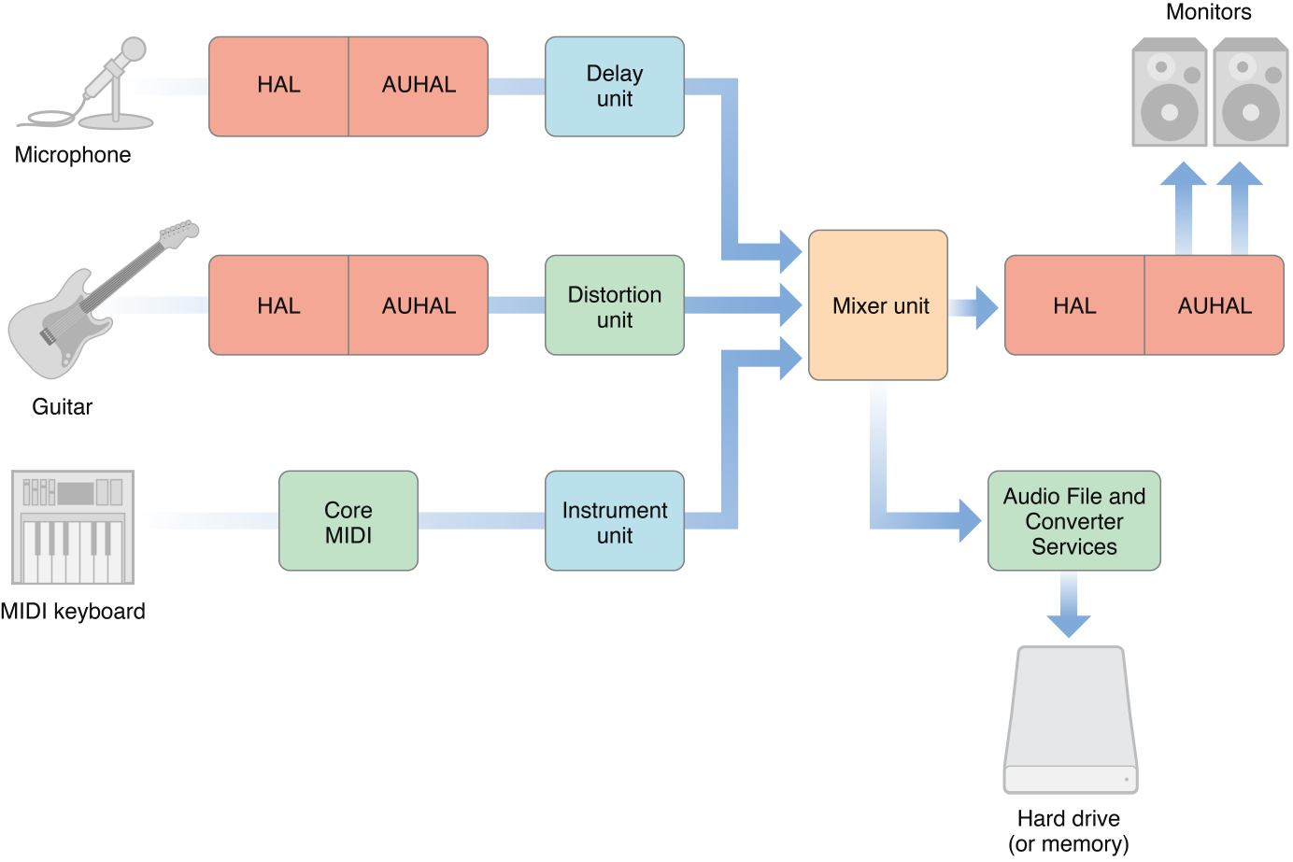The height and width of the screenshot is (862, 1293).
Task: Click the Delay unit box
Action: [x=615, y=87]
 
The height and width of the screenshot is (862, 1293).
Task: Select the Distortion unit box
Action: [x=615, y=305]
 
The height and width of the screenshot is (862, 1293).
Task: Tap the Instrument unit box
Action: [x=615, y=521]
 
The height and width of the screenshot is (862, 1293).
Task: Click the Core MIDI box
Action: [x=348, y=521]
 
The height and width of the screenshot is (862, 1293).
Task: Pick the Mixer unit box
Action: [x=878, y=305]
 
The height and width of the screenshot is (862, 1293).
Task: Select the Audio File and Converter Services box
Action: [x=1073, y=521]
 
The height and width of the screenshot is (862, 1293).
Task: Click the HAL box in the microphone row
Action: [x=278, y=87]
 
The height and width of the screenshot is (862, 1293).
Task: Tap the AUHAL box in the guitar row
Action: [x=419, y=305]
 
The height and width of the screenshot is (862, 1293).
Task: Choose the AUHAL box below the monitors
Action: [x=1215, y=305]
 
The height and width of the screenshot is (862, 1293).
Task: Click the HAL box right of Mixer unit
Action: [x=1074, y=305]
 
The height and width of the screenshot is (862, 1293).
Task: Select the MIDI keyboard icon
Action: [x=73, y=528]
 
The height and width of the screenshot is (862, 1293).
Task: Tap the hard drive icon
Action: [x=1071, y=719]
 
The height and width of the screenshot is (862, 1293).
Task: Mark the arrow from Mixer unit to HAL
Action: [x=976, y=307]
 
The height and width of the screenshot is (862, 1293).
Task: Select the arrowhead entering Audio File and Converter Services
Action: [x=969, y=520]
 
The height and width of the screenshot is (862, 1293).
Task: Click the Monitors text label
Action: [x=1208, y=12]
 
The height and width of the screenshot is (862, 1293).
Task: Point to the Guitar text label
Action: [x=62, y=407]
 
